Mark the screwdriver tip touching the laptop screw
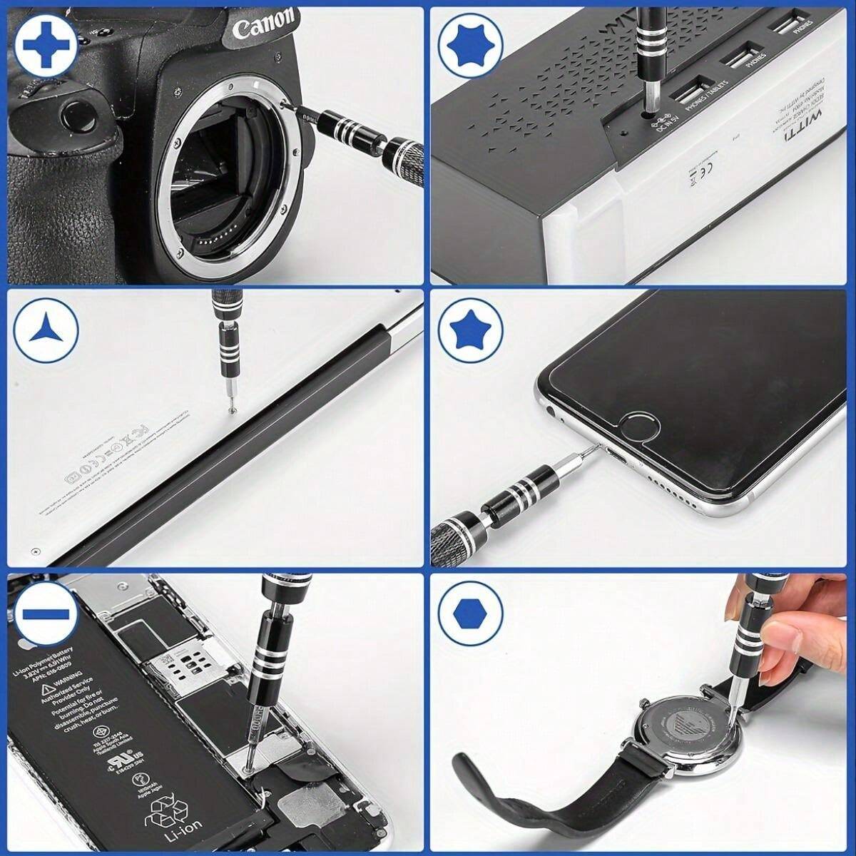[230, 409]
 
